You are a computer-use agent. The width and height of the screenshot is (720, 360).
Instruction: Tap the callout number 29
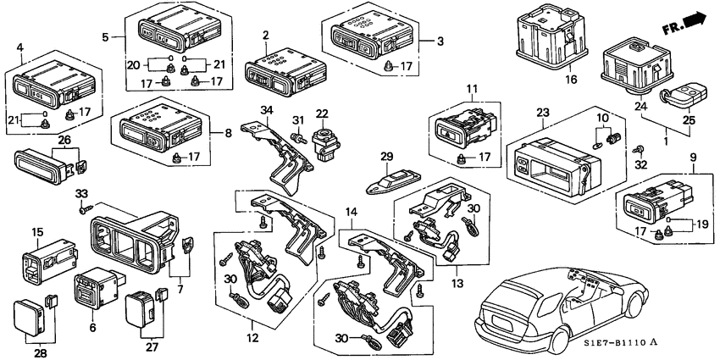pos(385,156)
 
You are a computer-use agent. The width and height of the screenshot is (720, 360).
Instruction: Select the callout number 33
pos(83,194)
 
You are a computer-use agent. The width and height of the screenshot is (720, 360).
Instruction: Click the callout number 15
pos(36,231)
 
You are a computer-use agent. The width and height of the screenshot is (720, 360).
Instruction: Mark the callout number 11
pos(472,89)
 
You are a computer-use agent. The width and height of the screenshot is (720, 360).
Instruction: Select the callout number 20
pos(133,65)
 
